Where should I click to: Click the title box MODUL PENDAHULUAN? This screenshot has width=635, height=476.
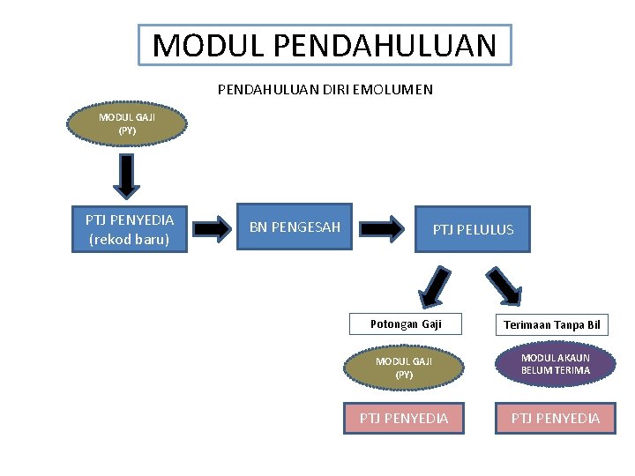[325, 45]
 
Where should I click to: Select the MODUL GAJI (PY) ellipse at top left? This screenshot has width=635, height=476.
[128, 124]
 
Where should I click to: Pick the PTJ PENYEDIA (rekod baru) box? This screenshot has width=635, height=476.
[129, 229]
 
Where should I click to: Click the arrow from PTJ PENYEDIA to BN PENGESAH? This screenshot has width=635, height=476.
[211, 229]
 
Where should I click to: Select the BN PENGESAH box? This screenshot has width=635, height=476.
[295, 227]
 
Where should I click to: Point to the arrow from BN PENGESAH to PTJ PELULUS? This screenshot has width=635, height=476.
[382, 228]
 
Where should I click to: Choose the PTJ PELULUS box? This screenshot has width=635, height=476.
[473, 230]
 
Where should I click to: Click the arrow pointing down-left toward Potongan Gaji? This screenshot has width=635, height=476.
[437, 286]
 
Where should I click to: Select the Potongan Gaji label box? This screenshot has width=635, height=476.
[406, 324]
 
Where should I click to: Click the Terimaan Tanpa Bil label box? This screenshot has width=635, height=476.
[552, 325]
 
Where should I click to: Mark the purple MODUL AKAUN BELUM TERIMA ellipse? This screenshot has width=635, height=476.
[556, 364]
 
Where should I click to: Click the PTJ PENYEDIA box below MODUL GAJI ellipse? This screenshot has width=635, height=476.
[404, 418]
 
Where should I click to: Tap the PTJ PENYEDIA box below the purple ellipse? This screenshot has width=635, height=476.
[556, 418]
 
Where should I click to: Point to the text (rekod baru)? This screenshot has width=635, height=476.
[129, 239]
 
